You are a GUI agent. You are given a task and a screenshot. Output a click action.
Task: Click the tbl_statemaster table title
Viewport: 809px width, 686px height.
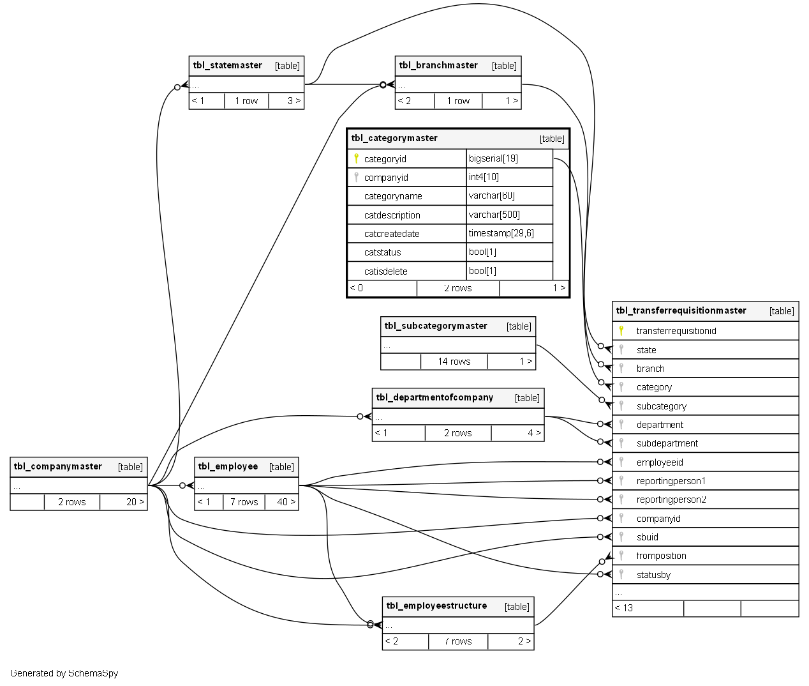click(x=228, y=65)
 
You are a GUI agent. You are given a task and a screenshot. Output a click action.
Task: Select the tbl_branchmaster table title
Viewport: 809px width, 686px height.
click(x=438, y=65)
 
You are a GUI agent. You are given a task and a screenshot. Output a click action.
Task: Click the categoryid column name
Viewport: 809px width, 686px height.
click(x=385, y=159)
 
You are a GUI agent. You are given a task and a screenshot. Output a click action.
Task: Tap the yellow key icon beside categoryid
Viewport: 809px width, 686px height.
click(x=356, y=158)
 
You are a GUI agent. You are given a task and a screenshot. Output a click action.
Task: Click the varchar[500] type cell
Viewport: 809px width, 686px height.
click(x=494, y=215)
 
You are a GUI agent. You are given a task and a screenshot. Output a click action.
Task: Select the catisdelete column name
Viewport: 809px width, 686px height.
click(x=385, y=271)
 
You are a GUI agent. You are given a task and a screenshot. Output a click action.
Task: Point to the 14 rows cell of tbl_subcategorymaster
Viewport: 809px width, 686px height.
click(x=454, y=362)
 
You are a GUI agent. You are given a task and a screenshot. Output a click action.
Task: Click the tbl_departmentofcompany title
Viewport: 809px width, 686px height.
click(x=434, y=397)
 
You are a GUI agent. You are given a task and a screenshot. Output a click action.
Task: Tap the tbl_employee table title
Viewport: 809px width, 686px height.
click(x=228, y=466)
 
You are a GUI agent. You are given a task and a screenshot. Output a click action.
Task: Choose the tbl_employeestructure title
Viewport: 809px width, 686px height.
click(x=436, y=606)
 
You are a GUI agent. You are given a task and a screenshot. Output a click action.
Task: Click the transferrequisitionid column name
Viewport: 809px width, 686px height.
click(x=676, y=331)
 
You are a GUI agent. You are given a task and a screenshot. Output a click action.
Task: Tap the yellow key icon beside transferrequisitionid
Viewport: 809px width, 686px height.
click(x=621, y=330)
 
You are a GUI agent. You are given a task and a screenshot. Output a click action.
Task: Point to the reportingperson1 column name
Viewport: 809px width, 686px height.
click(x=671, y=481)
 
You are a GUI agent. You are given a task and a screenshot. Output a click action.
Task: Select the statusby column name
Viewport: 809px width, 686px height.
click(x=653, y=575)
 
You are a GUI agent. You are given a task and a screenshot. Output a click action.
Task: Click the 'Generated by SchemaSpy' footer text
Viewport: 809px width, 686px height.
click(x=64, y=673)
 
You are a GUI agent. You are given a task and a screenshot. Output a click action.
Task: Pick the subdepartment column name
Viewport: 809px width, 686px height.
click(x=667, y=443)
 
